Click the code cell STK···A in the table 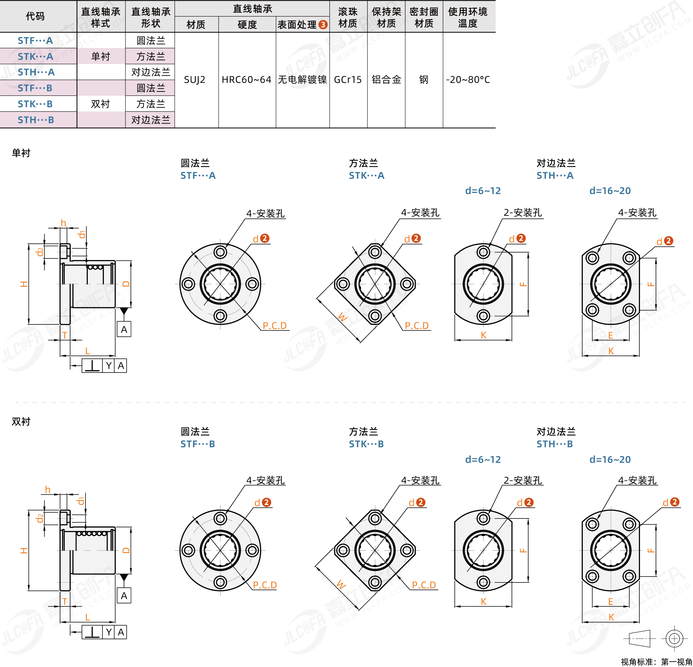[35, 57]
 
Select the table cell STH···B [36, 120]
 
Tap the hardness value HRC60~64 [247, 80]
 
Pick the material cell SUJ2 [194, 80]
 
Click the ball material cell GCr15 [348, 80]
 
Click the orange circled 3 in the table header [323, 24]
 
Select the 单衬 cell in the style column [101, 57]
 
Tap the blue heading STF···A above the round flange [198, 175]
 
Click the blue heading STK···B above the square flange [366, 444]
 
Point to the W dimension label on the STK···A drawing [342, 316]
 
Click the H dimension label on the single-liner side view [24, 284]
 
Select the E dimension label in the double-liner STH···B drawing [610, 601]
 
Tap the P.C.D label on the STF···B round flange [265, 585]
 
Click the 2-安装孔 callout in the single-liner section [523, 213]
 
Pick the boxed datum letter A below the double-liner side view [124, 595]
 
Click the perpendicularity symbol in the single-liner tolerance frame [92, 365]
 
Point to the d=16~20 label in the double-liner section [610, 460]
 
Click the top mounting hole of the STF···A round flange [220, 252]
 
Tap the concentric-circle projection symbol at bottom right [674, 639]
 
